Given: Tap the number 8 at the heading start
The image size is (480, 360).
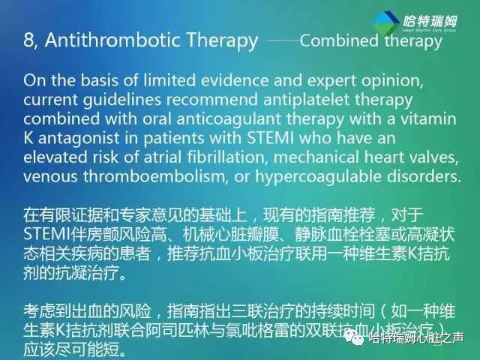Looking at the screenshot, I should (x=28, y=40).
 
